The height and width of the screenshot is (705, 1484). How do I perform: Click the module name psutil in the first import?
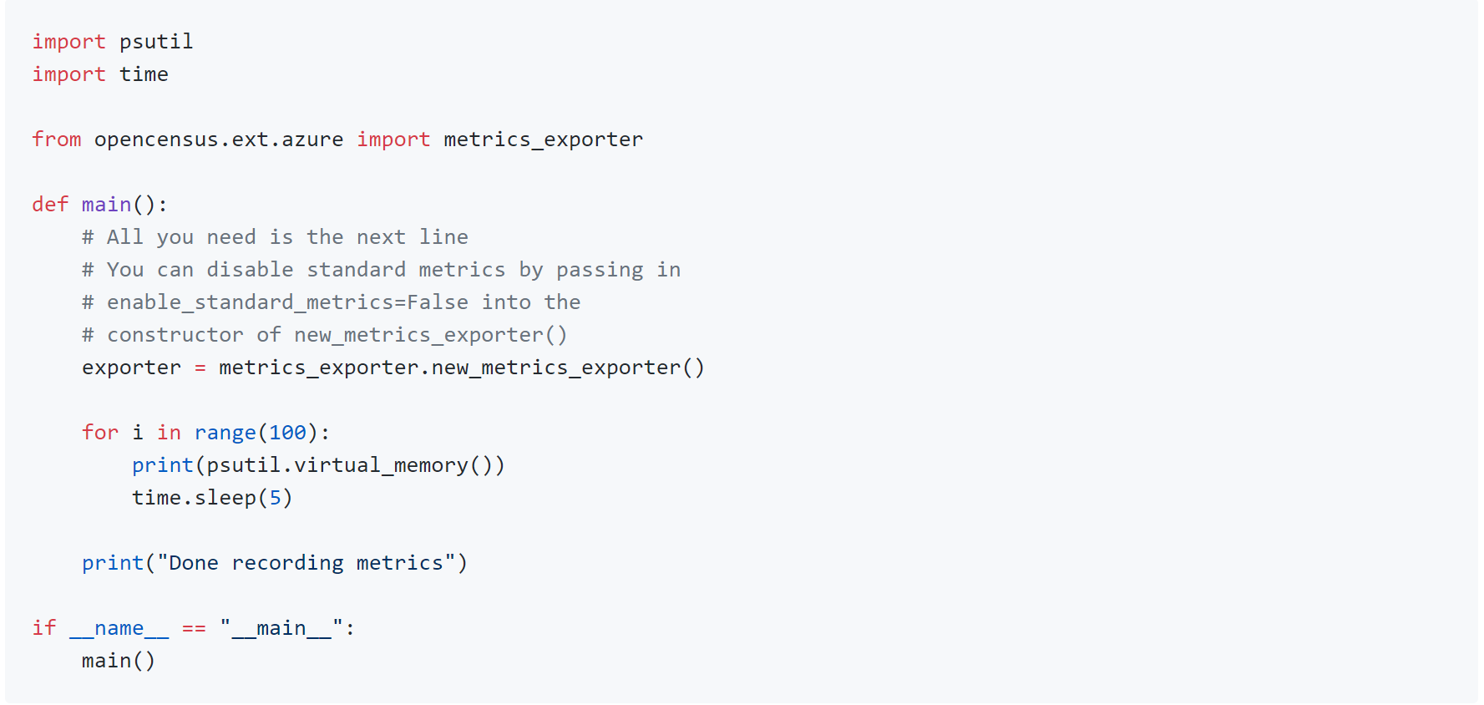[156, 42]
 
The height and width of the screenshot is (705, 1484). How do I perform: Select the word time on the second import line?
[144, 74]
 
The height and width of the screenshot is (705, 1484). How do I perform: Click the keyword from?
[57, 139]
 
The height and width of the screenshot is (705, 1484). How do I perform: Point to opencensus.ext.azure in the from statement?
[219, 139]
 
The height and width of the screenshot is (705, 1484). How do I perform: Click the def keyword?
[50, 205]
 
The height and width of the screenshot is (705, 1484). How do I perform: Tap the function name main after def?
[106, 205]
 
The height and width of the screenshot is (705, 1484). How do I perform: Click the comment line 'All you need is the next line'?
[276, 237]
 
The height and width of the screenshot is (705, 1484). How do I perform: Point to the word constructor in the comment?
[175, 335]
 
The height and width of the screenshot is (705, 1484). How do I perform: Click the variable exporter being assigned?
[131, 368]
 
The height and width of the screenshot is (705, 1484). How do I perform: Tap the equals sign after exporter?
[200, 368]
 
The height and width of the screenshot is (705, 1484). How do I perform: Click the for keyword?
[100, 433]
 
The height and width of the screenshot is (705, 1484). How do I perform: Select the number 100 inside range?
[287, 433]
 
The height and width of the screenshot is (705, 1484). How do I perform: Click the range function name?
[225, 433]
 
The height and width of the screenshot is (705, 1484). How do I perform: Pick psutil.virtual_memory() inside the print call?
[349, 465]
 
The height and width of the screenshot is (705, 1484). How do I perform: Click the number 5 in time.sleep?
[275, 498]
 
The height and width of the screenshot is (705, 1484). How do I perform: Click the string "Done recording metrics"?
[306, 563]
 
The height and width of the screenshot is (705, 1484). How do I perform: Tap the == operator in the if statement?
[194, 628]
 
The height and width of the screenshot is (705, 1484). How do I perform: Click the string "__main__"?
[281, 628]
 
